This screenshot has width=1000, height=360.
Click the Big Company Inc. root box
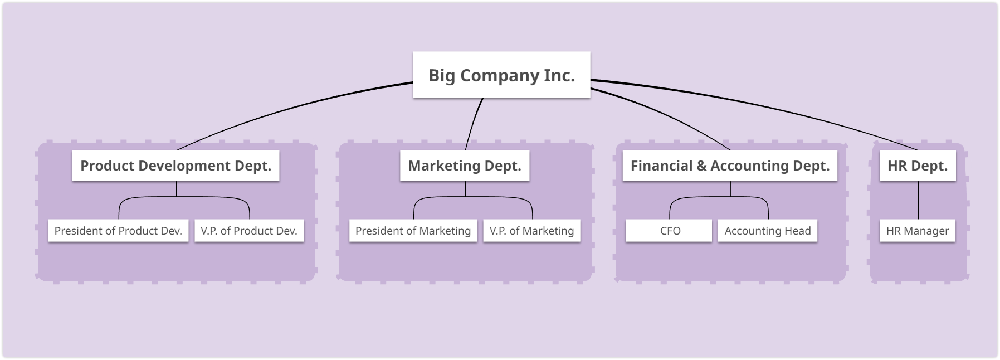501,75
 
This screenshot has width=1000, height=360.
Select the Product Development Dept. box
175,166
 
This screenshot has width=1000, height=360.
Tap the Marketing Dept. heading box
465,166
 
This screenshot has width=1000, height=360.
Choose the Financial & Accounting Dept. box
730,166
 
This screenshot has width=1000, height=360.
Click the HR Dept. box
918,166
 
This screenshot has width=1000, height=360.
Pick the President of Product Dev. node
118,231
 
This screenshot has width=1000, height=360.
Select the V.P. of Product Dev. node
249,231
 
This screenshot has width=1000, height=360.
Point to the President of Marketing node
413,231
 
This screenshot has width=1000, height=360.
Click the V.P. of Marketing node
531,231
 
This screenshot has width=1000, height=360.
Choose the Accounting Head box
768,231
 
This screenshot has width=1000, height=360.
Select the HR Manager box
918,231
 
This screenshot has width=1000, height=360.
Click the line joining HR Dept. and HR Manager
918,200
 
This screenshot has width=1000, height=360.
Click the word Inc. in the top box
559,75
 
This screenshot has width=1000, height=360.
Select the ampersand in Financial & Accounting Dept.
701,166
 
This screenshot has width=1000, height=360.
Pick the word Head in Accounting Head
798,231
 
